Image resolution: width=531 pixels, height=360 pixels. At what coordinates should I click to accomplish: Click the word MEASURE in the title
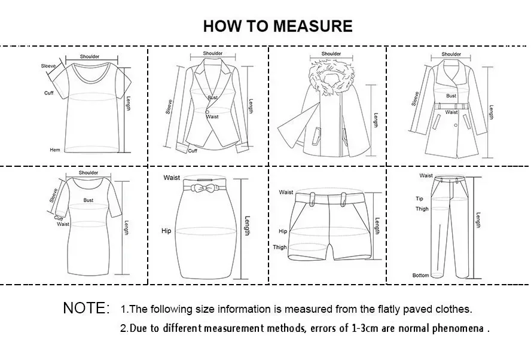point(313,26)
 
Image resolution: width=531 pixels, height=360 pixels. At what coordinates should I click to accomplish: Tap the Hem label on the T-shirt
point(55,150)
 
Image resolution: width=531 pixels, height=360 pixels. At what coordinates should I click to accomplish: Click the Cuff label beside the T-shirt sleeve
point(49,93)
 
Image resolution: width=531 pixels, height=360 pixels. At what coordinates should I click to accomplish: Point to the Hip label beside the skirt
point(166,231)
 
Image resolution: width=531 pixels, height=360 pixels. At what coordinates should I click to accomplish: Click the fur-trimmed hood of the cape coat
point(331,77)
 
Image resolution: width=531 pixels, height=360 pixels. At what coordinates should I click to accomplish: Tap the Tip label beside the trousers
point(419,199)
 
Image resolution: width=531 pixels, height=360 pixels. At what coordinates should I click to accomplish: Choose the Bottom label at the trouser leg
point(420,275)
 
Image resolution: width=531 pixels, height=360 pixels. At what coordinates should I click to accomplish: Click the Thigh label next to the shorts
point(280,247)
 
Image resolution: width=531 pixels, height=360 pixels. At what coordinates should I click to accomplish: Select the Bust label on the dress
point(88,200)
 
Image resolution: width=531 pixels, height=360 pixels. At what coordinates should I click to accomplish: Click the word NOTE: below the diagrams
point(86,308)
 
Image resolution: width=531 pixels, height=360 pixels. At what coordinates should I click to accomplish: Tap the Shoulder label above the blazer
point(213,53)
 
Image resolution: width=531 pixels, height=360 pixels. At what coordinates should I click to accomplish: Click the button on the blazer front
point(207,112)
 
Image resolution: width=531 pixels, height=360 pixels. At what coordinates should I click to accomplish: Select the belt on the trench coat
point(451,106)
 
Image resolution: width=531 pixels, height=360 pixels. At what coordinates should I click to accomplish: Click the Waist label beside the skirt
point(172,178)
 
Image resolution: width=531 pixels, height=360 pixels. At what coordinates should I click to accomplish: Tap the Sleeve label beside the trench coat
point(415,99)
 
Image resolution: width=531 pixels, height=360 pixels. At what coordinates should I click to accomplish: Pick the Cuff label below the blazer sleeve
point(193,151)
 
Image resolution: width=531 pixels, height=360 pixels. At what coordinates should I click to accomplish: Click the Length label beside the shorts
point(377,226)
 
